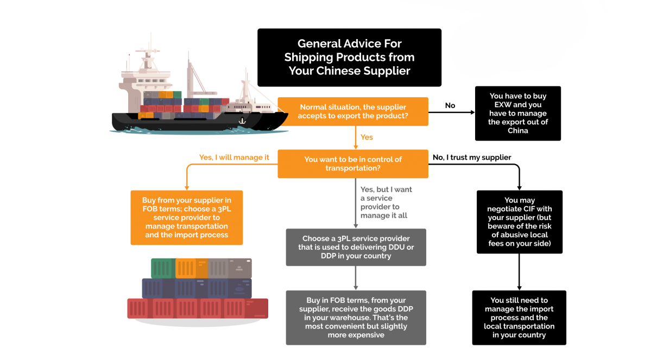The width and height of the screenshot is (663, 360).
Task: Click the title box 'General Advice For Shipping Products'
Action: pyautogui.click(x=349, y=58)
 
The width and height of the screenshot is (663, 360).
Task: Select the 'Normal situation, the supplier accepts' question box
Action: pyautogui.click(x=353, y=112)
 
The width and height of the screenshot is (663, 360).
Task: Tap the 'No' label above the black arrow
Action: pyautogui.click(x=450, y=105)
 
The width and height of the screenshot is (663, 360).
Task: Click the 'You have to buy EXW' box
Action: pyautogui.click(x=518, y=113)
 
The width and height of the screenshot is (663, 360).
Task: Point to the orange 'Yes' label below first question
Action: pyautogui.click(x=367, y=137)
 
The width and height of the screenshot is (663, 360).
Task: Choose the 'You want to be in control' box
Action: pyautogui.click(x=353, y=164)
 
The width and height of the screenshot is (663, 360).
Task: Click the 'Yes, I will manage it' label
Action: pyautogui.click(x=234, y=157)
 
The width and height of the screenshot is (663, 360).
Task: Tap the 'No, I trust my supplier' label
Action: pyautogui.click(x=472, y=157)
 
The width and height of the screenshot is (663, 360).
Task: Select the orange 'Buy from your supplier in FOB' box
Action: pyautogui.click(x=186, y=217)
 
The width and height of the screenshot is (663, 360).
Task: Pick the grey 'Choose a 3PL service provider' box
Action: pyautogui.click(x=356, y=247)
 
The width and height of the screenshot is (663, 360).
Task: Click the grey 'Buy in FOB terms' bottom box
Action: pyautogui.click(x=356, y=318)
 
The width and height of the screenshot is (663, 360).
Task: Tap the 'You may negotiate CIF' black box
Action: pyautogui.click(x=519, y=222)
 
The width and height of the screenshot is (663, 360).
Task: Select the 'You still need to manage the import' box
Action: pyautogui.click(x=519, y=318)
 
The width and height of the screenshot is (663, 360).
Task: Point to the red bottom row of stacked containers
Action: pyautogui.click(x=198, y=308)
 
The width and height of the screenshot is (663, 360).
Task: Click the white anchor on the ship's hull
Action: pyautogui.click(x=242, y=121)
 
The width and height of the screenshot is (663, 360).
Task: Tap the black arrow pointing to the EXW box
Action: pyautogui.click(x=451, y=113)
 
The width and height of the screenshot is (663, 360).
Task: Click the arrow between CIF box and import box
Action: pyautogui.click(x=520, y=271)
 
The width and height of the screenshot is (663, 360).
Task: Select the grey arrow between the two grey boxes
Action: pyautogui.click(x=356, y=278)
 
